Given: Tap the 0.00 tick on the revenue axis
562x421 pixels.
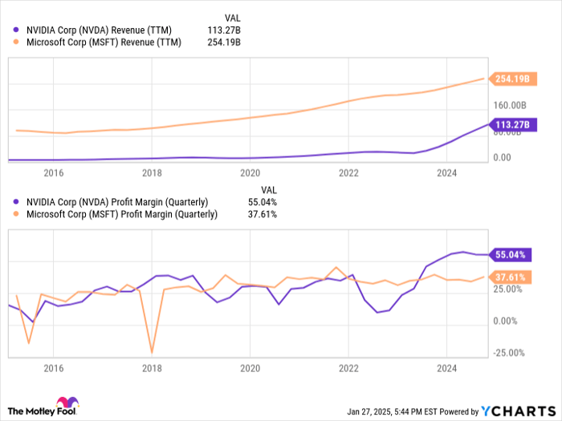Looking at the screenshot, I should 501,157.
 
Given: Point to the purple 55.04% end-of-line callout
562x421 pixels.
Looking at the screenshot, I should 511,255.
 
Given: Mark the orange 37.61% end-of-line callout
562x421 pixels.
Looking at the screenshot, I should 511,277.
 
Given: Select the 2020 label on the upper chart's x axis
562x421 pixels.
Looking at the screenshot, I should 250,172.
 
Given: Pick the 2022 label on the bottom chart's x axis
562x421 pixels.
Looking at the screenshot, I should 348,368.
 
